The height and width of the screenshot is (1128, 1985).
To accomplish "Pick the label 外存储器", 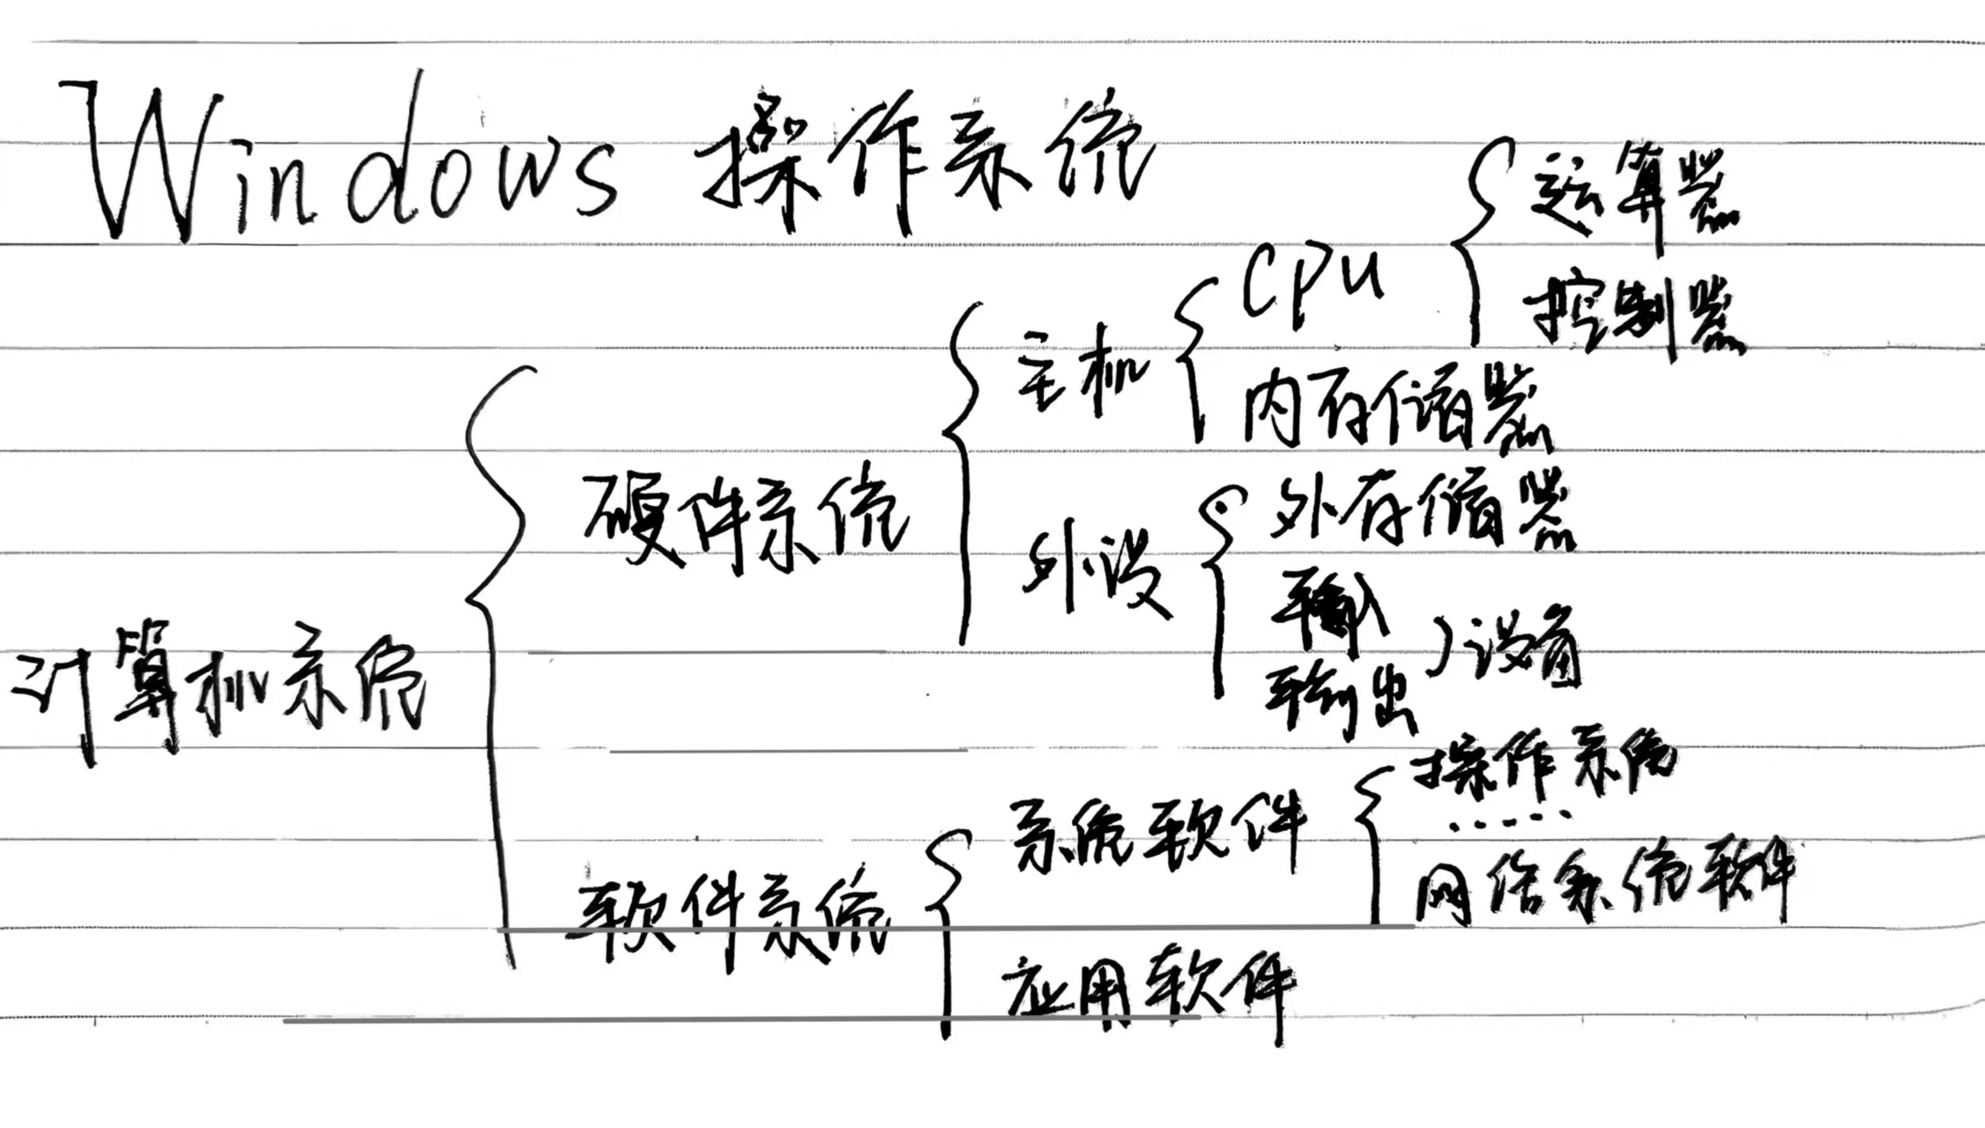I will coord(1419,511).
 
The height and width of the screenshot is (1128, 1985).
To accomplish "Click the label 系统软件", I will coord(1155,833).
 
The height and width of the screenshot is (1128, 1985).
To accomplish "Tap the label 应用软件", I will coord(1146,987).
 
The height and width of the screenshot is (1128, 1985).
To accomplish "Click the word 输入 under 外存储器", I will coord(1331,608).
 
